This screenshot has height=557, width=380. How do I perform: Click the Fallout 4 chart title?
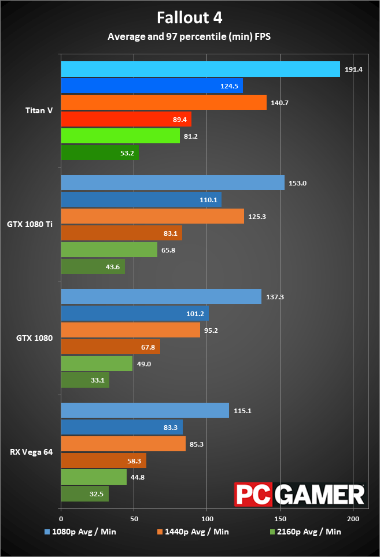pos(190,18)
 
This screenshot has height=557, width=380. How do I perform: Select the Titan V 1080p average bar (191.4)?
pos(201,69)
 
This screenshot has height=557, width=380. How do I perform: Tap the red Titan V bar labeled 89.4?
pos(126,119)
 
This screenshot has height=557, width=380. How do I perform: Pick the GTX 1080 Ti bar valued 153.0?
pos(173,183)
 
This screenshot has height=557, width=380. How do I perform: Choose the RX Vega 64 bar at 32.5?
pos(85,494)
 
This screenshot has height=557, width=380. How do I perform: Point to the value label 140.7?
pos(280,103)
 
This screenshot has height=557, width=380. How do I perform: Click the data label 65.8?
pos(168,250)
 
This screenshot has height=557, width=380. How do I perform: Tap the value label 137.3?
pos(275,297)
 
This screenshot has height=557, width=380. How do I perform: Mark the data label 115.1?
pos(242,411)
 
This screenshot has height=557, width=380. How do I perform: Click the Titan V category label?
pos(39,110)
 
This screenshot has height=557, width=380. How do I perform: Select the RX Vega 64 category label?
pos(31,452)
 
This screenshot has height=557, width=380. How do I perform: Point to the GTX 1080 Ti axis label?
pos(30,224)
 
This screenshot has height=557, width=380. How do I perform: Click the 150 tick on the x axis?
pos(280,519)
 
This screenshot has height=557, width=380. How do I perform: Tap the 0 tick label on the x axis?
pos(61,519)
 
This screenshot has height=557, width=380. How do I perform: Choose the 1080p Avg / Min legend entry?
pos(80,532)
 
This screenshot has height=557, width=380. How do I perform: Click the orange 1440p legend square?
pos(160,532)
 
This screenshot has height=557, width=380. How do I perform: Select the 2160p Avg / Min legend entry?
pos(305,532)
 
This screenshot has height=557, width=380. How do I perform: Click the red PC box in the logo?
pos(253,494)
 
